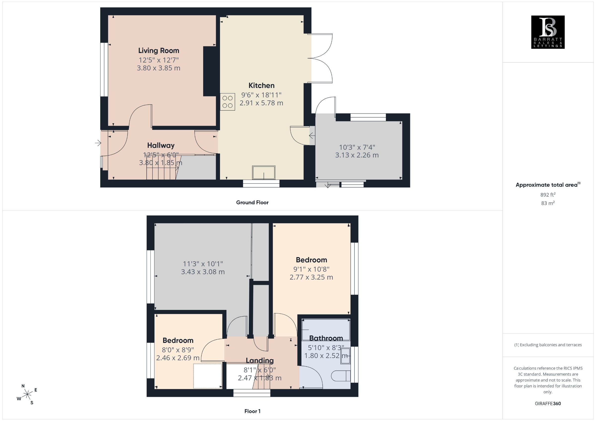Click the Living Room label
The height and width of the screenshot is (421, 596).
[x=159, y=51]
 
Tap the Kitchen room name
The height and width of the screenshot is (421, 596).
[x=261, y=85]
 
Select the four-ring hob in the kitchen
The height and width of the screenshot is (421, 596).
[x=227, y=102]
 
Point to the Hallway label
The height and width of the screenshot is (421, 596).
[x=161, y=145]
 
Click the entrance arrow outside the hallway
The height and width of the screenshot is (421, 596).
[x=98, y=143]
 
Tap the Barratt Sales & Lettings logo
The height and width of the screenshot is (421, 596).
[x=548, y=32]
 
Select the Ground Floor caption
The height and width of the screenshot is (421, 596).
[x=252, y=203]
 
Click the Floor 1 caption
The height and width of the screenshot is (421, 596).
[x=252, y=411]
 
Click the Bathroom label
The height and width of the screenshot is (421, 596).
[x=326, y=338]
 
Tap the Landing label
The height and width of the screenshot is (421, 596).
[x=260, y=360]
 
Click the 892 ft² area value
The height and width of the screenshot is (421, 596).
[x=548, y=194]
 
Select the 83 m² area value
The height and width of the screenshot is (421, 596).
[x=548, y=203]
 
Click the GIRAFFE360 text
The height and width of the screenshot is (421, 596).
[x=548, y=404]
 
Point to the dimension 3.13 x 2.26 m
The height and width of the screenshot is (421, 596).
[x=357, y=155]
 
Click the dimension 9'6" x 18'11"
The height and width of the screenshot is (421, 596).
[x=261, y=95]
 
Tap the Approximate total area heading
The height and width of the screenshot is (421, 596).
[x=548, y=184]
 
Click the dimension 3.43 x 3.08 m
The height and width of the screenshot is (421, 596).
[x=203, y=272]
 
